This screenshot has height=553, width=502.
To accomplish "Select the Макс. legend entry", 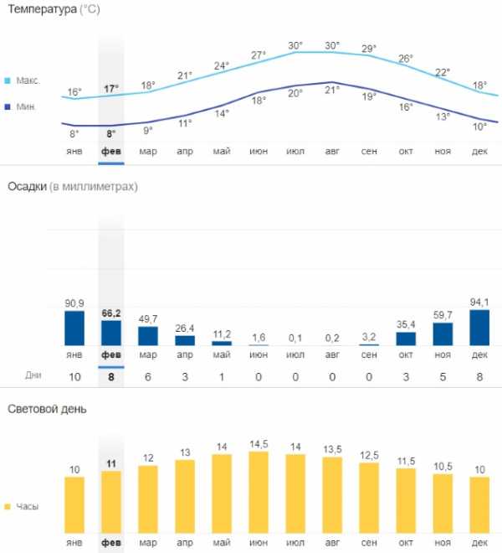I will tap(27, 80).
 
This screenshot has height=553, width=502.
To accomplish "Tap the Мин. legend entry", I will tap(25, 107).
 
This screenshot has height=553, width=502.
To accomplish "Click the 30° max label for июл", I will tap(295, 45).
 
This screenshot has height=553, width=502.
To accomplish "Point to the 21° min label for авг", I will tap(332, 90).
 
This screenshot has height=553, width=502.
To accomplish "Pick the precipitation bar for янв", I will tap(74, 328).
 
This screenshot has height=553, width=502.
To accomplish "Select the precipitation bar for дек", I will tap(479, 328).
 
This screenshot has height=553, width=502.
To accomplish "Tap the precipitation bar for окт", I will tap(406, 339).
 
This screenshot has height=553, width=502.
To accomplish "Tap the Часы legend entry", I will tap(27, 507).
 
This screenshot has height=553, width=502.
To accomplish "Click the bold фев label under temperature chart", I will tap(111, 151).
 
